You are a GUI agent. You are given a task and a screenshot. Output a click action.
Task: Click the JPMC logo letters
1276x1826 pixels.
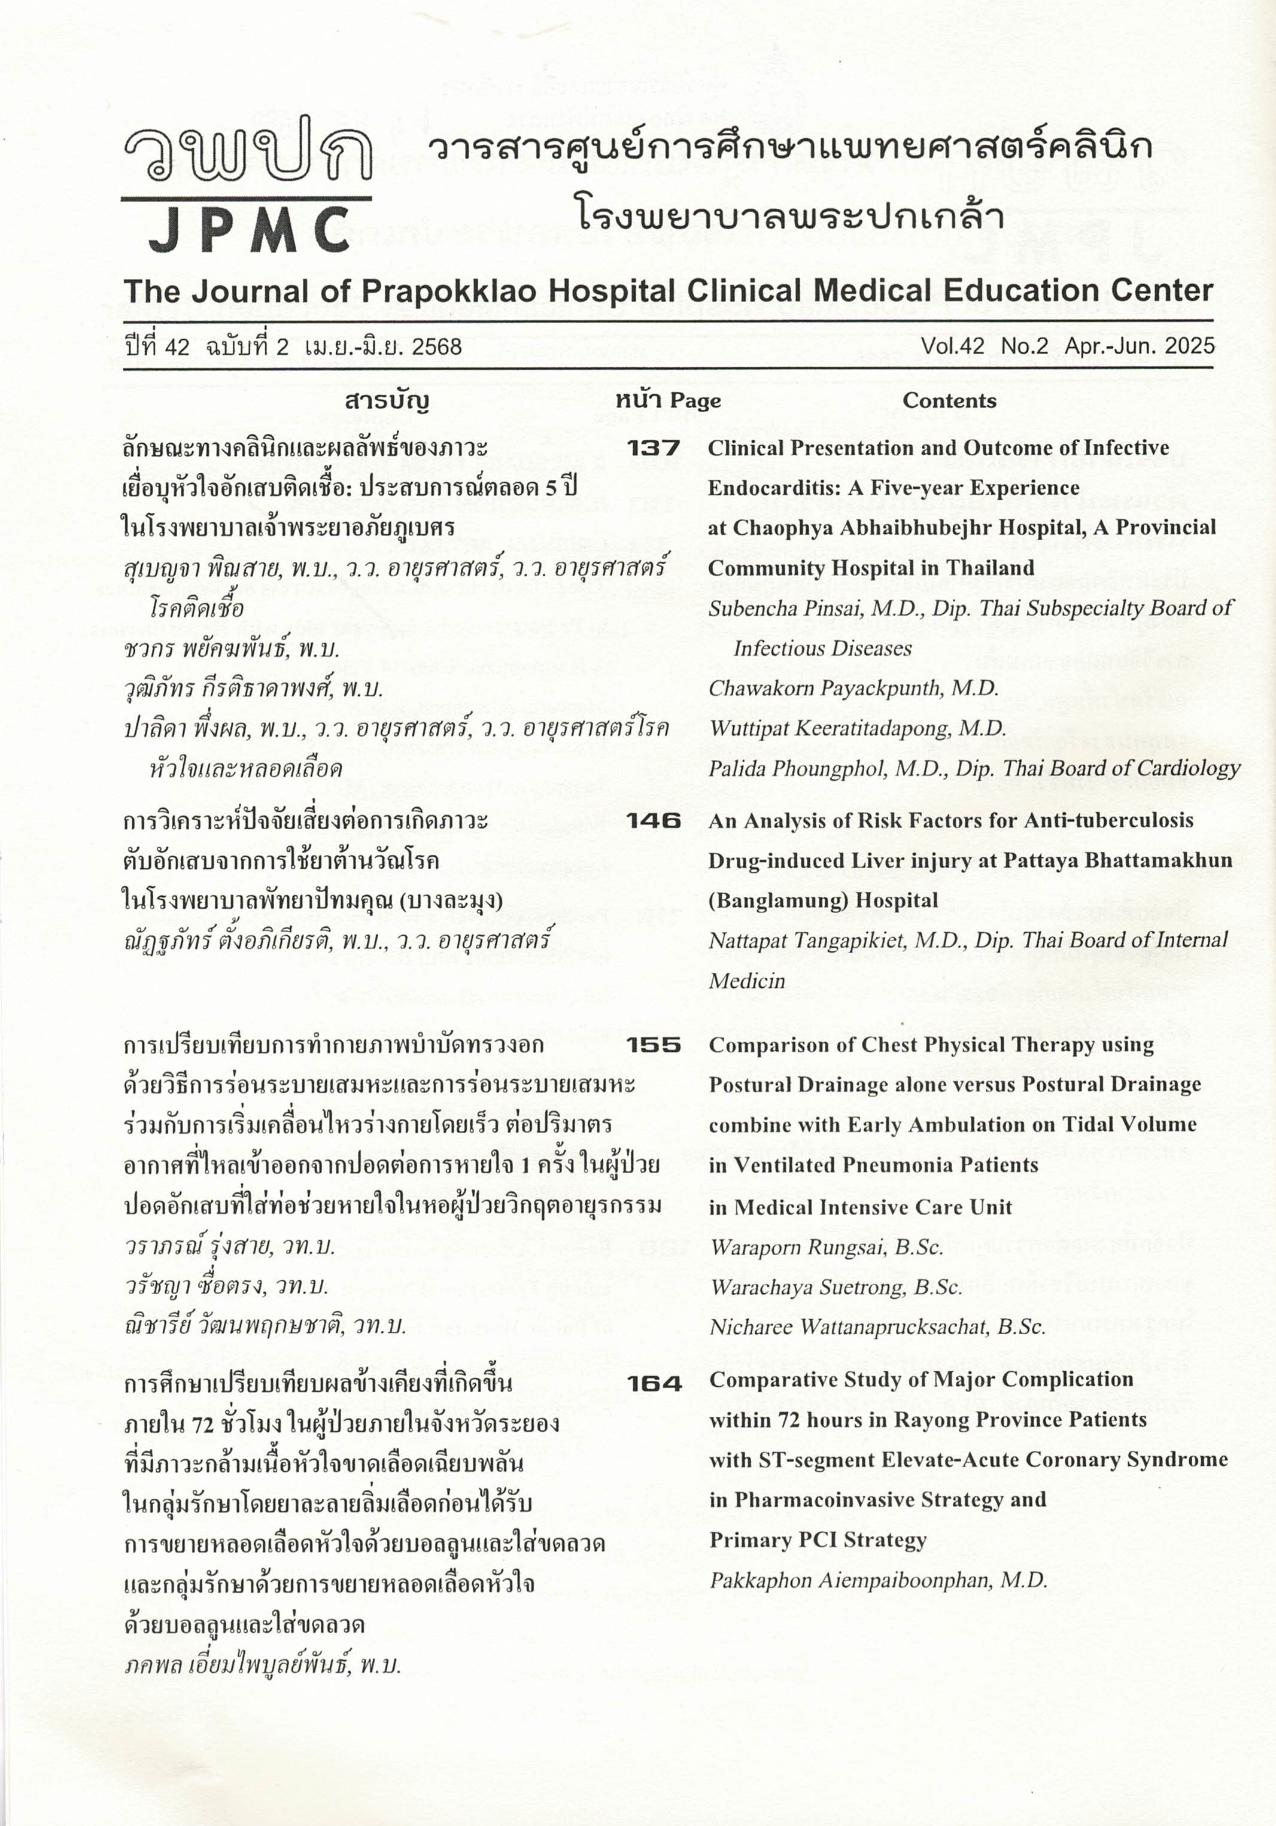pos(248,230)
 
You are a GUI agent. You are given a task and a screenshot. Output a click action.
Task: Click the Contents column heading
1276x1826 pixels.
pos(949,401)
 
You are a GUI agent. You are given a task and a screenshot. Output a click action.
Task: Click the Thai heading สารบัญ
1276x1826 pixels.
pos(387,401)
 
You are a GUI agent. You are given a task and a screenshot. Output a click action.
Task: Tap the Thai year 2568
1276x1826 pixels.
pos(433,347)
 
